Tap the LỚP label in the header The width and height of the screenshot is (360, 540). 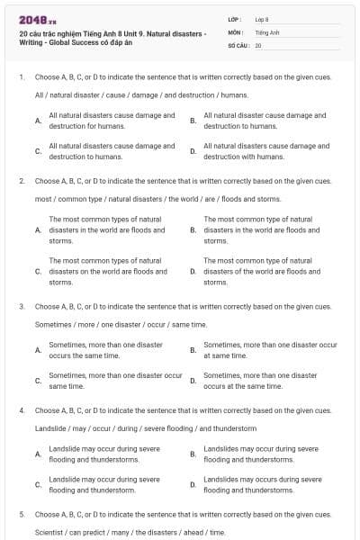235,19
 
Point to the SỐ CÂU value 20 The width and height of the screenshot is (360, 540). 258,44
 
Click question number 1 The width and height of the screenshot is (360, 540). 21,77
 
